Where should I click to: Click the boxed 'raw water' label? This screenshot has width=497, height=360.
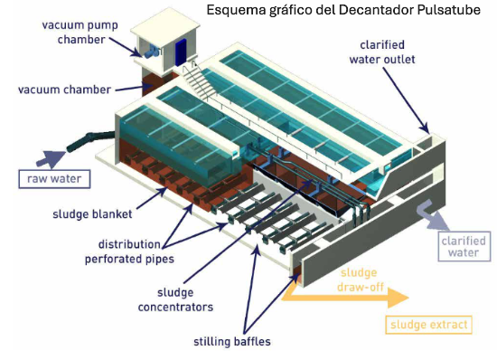pyautogui.click(x=52, y=177)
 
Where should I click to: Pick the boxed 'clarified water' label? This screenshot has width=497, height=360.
pyautogui.click(x=463, y=247)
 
